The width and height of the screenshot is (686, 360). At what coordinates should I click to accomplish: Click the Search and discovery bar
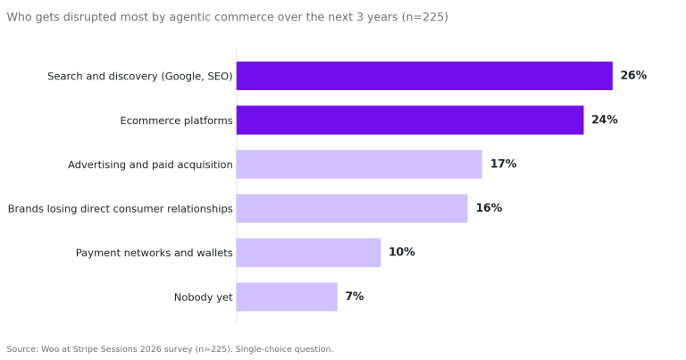[x=424, y=76]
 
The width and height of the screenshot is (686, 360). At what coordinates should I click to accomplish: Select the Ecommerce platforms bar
[x=410, y=120]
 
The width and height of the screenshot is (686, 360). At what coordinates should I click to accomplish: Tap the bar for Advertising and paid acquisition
[x=359, y=164]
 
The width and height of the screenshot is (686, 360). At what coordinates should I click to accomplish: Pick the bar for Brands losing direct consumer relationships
[x=352, y=208]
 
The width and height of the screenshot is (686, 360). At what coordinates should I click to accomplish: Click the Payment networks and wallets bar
[x=308, y=253]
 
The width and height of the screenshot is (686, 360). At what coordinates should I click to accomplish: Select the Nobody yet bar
[x=287, y=297]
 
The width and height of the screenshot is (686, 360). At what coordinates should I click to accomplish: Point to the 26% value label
[x=633, y=75]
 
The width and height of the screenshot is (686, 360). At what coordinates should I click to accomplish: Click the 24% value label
[x=605, y=120]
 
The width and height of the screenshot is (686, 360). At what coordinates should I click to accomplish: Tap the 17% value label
[x=503, y=163]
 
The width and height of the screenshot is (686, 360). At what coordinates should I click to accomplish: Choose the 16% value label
[x=489, y=208]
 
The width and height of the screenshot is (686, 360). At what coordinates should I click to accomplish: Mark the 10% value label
[x=402, y=252]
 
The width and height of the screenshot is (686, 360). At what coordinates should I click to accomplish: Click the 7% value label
[x=355, y=297]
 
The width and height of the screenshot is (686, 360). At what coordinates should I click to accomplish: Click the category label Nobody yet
[x=204, y=297]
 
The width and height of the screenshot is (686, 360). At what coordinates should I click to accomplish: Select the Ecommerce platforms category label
[x=176, y=121]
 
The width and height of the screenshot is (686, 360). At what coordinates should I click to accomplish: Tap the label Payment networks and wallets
[x=154, y=253]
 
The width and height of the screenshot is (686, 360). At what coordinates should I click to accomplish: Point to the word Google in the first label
[x=184, y=77]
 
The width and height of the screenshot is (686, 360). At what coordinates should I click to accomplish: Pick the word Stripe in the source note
[x=86, y=349]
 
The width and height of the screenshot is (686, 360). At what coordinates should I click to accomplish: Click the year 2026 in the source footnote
[x=149, y=349]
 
